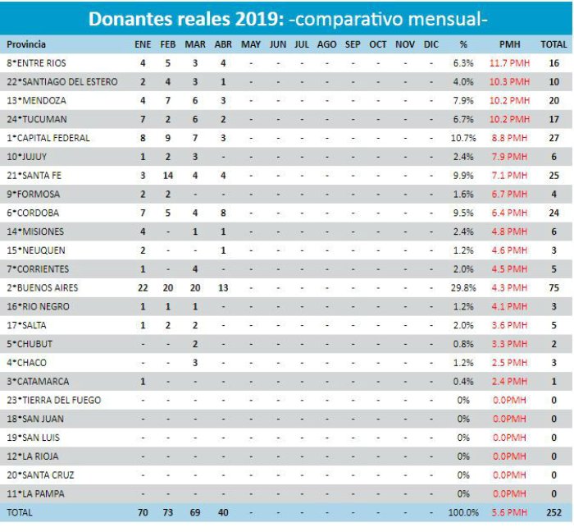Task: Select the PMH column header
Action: pos(509,44)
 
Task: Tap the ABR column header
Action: pos(223,44)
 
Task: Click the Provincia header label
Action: pos(26,44)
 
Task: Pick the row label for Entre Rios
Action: pos(36,63)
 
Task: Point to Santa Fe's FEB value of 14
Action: pos(167,176)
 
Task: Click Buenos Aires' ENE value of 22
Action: pos(143,288)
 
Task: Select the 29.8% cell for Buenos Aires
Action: pos(463,288)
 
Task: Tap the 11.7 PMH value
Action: pos(509,63)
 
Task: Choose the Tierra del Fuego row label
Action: pos(54,400)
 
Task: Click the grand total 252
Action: pos(553,512)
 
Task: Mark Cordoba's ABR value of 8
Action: pos(223,213)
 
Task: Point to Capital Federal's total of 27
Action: pos(553,138)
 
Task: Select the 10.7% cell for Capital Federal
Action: pos(463,138)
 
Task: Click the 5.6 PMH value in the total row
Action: pos(509,512)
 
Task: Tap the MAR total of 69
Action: pos(195,512)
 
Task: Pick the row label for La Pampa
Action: pos(35,494)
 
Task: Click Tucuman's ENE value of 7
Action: pos(143,119)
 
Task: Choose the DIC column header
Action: pos(430,44)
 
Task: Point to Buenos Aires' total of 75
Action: pos(553,288)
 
